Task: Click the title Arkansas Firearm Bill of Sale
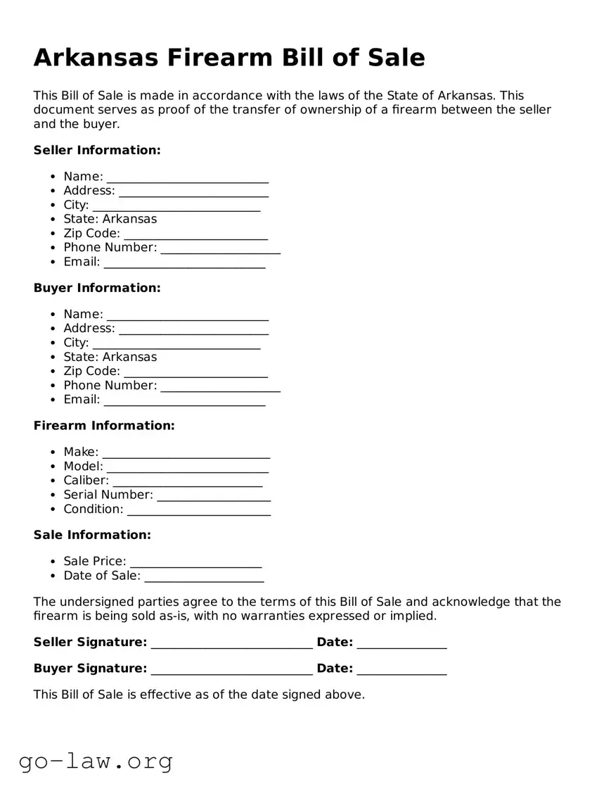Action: (x=229, y=57)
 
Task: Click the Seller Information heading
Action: (x=97, y=150)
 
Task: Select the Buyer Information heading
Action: (x=97, y=288)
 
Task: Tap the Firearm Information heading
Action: (x=104, y=426)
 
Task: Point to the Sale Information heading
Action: (x=92, y=535)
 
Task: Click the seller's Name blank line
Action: (x=188, y=177)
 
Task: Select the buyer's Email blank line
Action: (x=184, y=400)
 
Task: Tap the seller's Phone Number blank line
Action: (x=220, y=248)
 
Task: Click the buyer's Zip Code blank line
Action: (x=195, y=372)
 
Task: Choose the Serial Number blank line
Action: (x=214, y=495)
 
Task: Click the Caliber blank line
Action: (x=188, y=481)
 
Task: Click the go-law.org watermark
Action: (x=96, y=761)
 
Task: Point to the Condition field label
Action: (x=93, y=509)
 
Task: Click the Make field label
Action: (x=81, y=452)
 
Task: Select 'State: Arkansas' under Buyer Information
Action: (x=110, y=357)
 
